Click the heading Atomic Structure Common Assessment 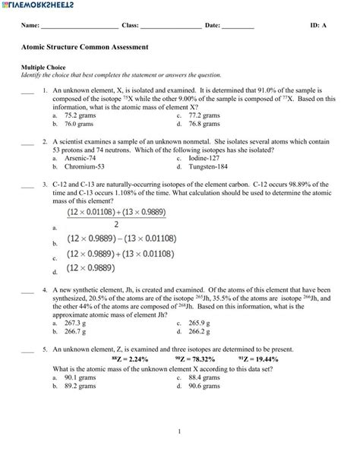[x=84, y=47]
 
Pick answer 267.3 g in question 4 [x=76, y=322]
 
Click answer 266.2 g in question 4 [x=199, y=330]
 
